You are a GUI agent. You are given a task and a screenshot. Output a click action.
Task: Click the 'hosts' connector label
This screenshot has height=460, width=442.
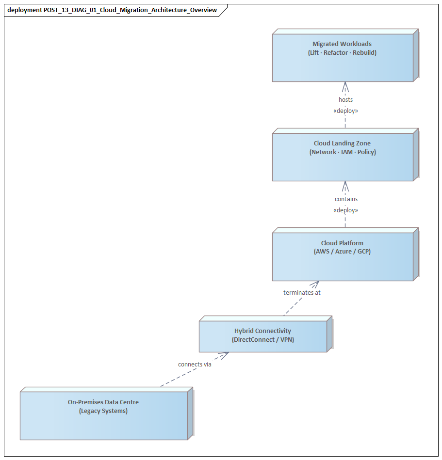[345, 100]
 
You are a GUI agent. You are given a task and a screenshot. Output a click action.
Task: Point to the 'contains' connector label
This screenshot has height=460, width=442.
[346, 199]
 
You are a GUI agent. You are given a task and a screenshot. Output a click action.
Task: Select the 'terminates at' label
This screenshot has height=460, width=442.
[302, 293]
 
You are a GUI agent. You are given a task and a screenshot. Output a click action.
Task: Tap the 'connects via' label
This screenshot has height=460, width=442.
[195, 365]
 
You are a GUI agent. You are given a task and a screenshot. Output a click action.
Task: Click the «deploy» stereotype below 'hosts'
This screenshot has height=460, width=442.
[345, 111]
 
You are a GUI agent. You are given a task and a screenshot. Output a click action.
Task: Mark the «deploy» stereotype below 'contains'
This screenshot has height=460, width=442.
[345, 210]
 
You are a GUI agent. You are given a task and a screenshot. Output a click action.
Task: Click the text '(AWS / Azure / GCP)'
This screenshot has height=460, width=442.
[343, 252]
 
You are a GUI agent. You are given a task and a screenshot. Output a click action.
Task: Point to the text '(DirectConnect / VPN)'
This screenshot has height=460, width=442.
[262, 339]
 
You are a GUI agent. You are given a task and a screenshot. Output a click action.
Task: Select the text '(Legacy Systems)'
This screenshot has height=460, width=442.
[103, 411]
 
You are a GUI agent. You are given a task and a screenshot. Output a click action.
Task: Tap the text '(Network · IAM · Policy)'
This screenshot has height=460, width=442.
[343, 152]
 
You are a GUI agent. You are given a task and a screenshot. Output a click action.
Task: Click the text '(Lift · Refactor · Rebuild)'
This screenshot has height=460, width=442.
[343, 52]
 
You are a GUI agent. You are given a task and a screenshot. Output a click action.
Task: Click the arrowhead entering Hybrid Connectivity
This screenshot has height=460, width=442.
[224, 355]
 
